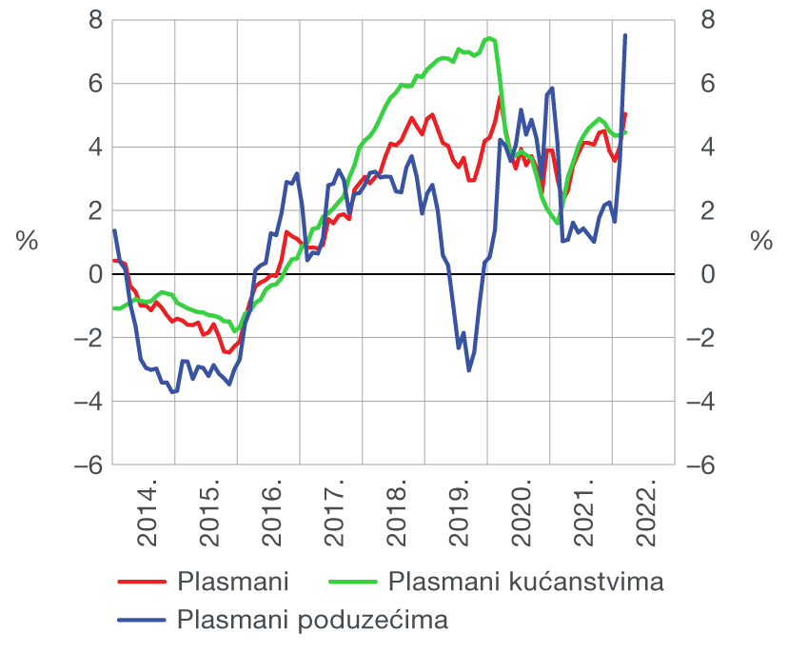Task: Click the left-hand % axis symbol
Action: [x=27, y=242]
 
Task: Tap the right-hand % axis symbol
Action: [x=761, y=242]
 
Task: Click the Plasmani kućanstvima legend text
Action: [x=526, y=581]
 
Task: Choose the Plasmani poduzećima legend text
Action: [x=312, y=620]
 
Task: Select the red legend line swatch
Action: [x=140, y=582]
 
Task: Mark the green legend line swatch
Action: [x=353, y=582]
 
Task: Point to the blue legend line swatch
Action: [x=140, y=621]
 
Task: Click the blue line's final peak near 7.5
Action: [x=625, y=35]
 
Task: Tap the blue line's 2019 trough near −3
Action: [x=468, y=369]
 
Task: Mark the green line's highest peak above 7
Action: [x=489, y=39]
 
